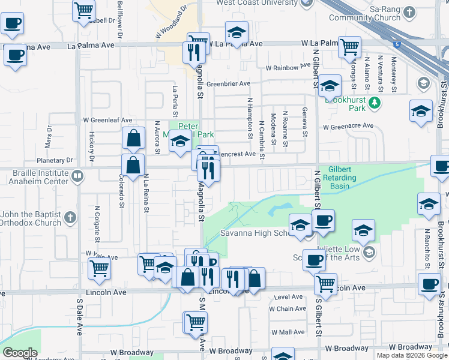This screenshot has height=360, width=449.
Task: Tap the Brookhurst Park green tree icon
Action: point(375,103)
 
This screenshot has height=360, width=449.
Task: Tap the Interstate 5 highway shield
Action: point(397,44)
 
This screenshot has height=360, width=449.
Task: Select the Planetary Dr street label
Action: point(54,160)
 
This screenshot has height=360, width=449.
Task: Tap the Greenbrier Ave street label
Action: point(229,84)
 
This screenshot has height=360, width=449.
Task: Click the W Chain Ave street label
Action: point(288,309)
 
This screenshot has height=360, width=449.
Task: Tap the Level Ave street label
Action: point(288,296)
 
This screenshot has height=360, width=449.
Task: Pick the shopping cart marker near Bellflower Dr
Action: point(83,9)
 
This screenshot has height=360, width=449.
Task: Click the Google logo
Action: point(20,353)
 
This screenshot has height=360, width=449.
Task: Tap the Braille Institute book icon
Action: point(77,176)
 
